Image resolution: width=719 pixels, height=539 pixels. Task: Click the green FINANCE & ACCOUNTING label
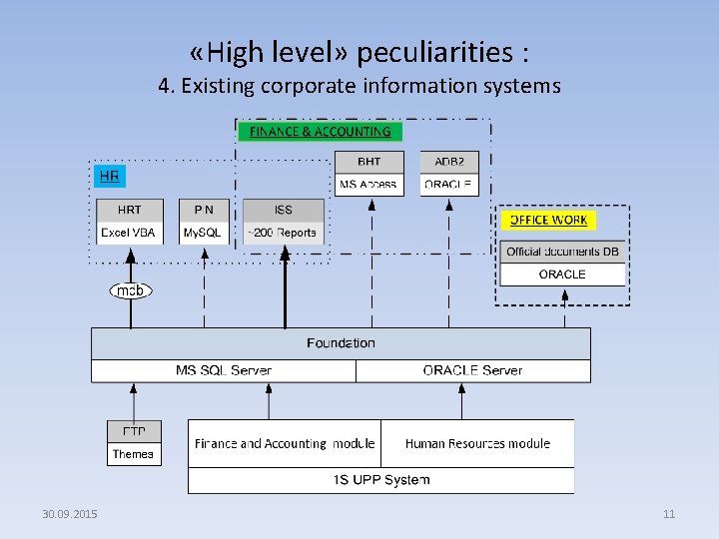click(x=320, y=132)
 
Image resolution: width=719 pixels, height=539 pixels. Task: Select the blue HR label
click(x=109, y=177)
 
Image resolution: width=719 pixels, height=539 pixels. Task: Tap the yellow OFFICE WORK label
click(x=548, y=220)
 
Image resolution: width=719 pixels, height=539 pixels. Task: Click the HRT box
click(x=129, y=210)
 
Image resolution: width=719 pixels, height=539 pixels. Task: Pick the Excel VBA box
click(x=129, y=233)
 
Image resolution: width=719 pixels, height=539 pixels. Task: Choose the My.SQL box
click(x=204, y=233)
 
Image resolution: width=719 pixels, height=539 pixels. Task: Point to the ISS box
click(x=284, y=210)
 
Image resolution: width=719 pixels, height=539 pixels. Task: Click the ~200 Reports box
click(x=284, y=233)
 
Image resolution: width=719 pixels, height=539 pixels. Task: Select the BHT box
click(x=368, y=162)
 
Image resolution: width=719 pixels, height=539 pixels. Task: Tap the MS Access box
click(x=368, y=185)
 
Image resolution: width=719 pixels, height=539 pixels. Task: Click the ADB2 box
click(x=449, y=162)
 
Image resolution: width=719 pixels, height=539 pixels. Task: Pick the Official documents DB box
click(x=562, y=252)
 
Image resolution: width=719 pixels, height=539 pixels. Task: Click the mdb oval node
click(x=131, y=290)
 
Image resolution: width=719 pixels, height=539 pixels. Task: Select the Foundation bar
click(x=341, y=343)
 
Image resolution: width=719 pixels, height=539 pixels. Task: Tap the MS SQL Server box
click(x=224, y=370)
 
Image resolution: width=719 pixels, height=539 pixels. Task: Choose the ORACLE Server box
click(x=472, y=370)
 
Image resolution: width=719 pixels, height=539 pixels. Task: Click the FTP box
click(x=134, y=431)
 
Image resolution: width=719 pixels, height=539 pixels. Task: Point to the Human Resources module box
click(x=477, y=443)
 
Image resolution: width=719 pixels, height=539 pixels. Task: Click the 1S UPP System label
click(x=381, y=480)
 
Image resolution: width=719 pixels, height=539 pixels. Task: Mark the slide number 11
click(x=669, y=514)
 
